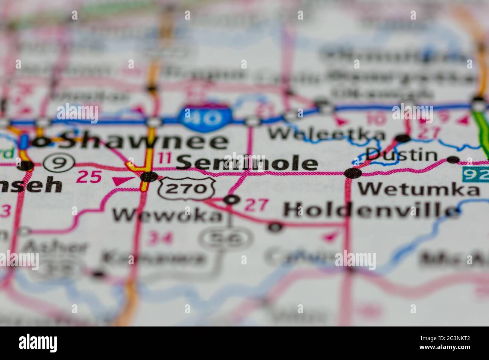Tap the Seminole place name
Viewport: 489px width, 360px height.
click(247, 163)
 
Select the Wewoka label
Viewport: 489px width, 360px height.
click(168, 215)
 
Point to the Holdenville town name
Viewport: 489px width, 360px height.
click(371, 210)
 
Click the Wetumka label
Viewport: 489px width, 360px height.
click(418, 189)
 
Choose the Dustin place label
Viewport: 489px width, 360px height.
click(402, 155)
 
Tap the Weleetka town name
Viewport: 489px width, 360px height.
click(327, 134)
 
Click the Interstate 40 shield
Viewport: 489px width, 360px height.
click(205, 117)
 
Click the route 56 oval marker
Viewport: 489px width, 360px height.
click(226, 238)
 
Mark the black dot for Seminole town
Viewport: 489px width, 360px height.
click(149, 176)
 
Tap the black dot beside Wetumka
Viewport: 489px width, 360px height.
click(353, 173)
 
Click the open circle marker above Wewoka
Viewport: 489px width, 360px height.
click(231, 199)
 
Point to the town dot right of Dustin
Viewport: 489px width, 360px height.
click(453, 159)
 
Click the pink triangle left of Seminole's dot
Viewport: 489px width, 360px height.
click(121, 181)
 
